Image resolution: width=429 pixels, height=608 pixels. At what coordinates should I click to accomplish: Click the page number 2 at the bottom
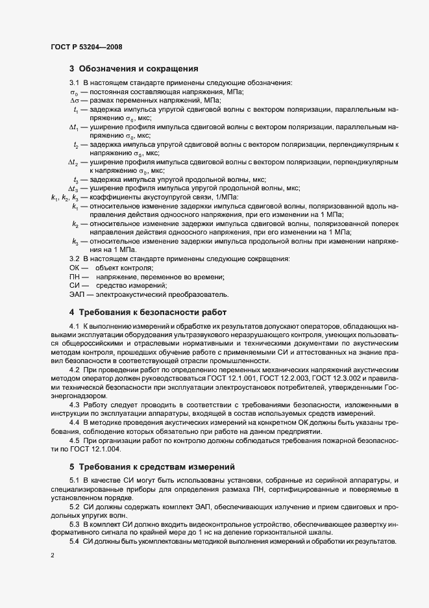click(x=52, y=557)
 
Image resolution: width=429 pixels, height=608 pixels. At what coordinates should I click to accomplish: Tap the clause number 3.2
click(x=74, y=259)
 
